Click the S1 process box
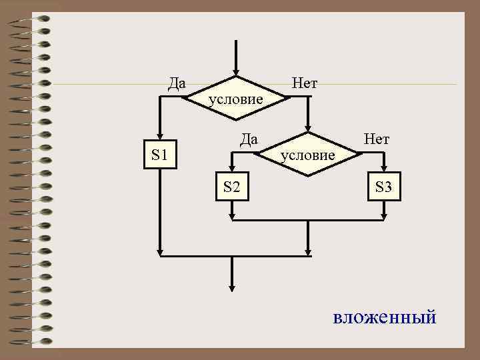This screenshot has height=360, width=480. click(x=160, y=155)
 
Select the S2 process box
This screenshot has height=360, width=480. click(x=231, y=186)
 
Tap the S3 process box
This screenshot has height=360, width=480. click(x=383, y=186)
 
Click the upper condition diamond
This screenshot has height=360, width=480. click(x=236, y=98)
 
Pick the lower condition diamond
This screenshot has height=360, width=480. click(x=307, y=153)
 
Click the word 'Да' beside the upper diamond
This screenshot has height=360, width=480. click(x=177, y=83)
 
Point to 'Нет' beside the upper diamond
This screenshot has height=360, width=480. click(x=305, y=83)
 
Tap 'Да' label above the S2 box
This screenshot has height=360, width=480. click(x=249, y=139)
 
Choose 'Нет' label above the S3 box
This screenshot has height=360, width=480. click(x=377, y=139)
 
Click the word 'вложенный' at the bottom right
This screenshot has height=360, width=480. click(x=385, y=317)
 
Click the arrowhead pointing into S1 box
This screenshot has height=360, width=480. click(x=160, y=136)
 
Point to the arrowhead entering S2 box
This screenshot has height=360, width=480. click(x=231, y=169)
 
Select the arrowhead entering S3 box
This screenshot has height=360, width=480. click(x=384, y=169)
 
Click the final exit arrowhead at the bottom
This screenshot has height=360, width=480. click(x=232, y=287)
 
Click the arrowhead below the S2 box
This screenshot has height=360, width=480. click(x=231, y=215)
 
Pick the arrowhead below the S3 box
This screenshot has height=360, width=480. click(x=384, y=215)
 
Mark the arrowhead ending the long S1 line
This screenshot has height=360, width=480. click(x=160, y=251)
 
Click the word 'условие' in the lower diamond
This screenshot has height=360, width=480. click(x=307, y=155)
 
